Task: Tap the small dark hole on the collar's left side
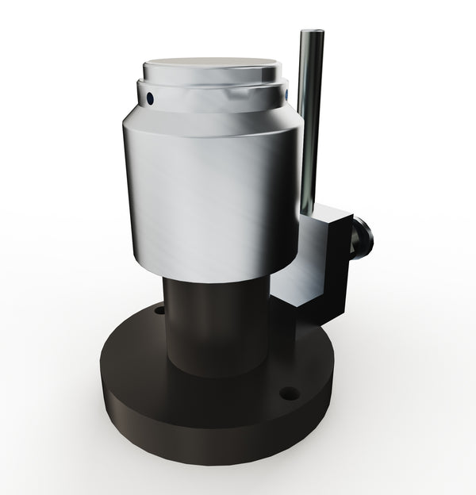(149, 98)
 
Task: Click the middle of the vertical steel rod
(311, 119)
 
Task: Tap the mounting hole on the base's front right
(290, 393)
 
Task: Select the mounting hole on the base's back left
(159, 309)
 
